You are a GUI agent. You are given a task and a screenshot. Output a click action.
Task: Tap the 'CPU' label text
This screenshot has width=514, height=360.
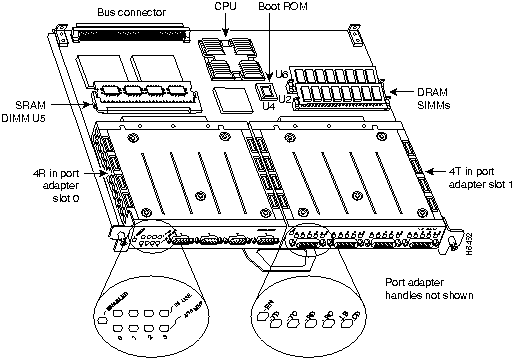pos(226,8)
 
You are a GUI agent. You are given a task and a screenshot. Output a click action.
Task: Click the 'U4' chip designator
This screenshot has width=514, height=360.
pos(268,103)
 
